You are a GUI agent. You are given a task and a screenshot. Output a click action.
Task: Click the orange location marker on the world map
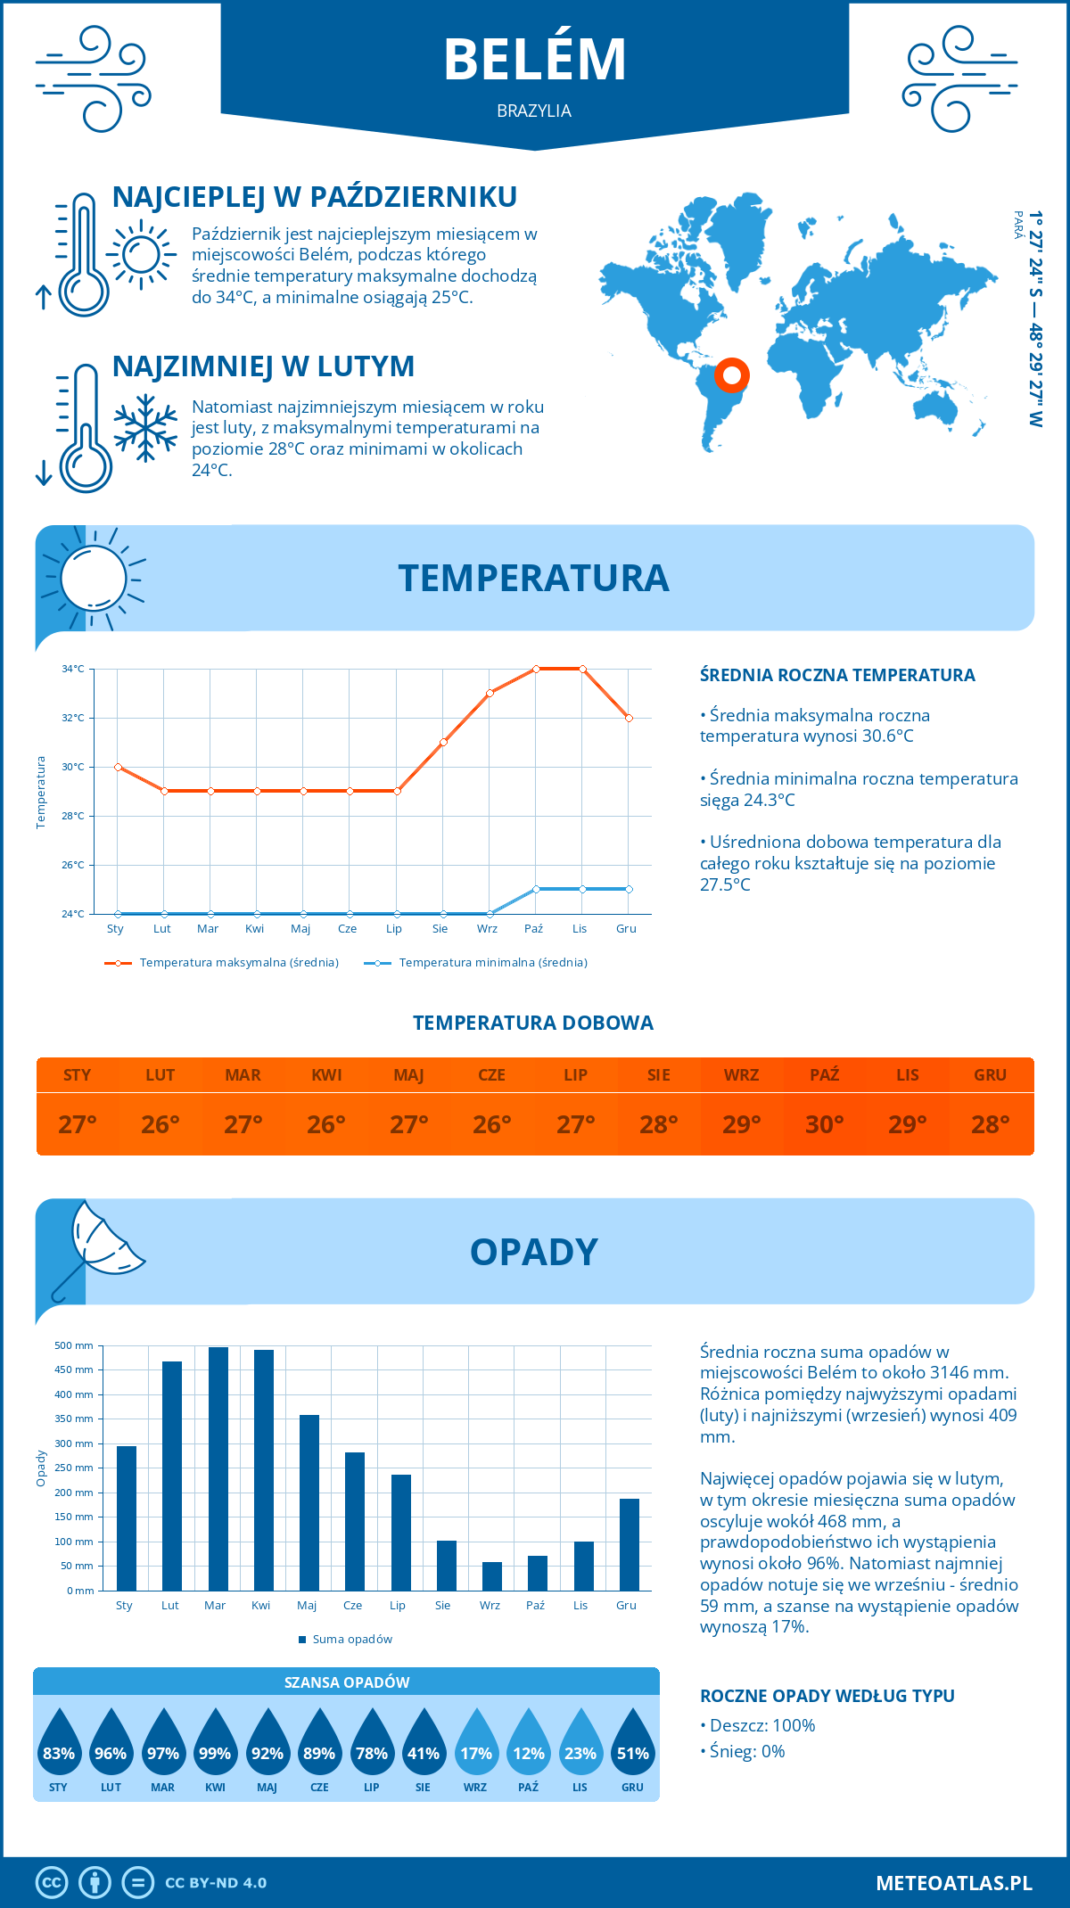click(731, 375)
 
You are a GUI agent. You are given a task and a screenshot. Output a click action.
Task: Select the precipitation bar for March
click(218, 1468)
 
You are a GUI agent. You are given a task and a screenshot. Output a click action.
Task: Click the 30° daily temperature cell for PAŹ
click(824, 1124)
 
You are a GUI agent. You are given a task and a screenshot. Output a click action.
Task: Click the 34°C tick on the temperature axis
click(73, 669)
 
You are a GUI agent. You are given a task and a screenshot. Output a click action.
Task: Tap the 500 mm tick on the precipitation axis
click(75, 1345)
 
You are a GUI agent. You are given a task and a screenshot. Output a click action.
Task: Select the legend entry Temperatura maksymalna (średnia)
click(223, 963)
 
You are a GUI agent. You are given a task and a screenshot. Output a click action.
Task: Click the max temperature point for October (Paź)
click(536, 669)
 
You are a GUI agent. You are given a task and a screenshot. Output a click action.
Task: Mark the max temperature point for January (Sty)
click(118, 767)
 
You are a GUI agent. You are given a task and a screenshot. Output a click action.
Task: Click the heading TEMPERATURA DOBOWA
click(533, 1023)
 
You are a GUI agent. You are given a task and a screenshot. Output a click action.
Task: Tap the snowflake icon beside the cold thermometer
click(145, 428)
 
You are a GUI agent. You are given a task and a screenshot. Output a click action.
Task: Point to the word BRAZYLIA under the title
click(534, 111)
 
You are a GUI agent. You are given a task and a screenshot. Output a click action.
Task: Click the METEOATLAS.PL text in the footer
click(953, 1883)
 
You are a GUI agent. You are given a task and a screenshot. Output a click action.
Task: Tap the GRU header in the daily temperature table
click(990, 1075)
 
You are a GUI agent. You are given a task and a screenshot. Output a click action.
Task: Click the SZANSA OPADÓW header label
click(347, 1682)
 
